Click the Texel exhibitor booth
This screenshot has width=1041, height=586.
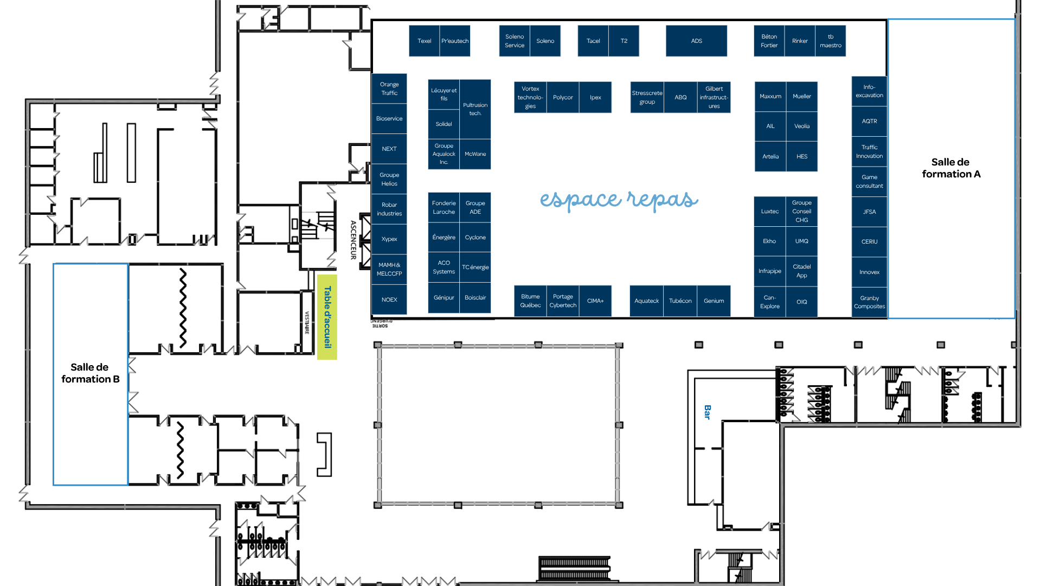[x=424, y=41]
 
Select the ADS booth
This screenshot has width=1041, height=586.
[x=696, y=41]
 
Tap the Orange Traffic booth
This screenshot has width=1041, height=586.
[x=389, y=88]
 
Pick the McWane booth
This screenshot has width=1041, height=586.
[x=475, y=154]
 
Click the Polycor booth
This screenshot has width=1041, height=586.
[x=563, y=97]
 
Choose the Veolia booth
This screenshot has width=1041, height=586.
[x=802, y=126]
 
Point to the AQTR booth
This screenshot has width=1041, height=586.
[x=869, y=121]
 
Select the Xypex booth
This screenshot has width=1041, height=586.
[x=389, y=239]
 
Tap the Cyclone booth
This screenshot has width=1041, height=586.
[x=475, y=237]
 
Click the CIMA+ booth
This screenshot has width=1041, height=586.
[x=595, y=301]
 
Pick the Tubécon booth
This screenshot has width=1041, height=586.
[x=680, y=301]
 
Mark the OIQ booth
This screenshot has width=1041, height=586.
[x=802, y=302]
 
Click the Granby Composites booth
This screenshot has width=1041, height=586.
[x=869, y=302]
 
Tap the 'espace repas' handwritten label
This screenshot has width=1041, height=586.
[x=619, y=199]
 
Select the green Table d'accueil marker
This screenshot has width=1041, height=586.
[x=327, y=317]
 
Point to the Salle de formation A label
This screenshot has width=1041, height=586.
[x=951, y=168]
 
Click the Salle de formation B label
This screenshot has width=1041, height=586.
[x=90, y=373]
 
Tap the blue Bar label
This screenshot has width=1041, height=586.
[x=707, y=412]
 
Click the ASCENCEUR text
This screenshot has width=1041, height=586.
[x=353, y=240]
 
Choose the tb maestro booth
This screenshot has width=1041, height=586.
[x=830, y=41]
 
